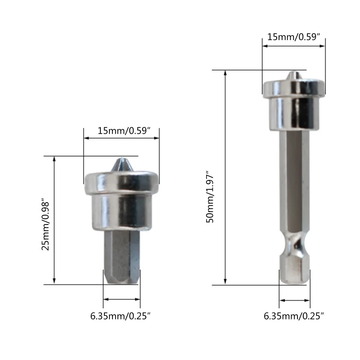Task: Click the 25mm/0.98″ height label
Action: (x=45, y=226)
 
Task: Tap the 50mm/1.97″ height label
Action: (x=210, y=197)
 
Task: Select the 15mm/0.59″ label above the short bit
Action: (x=124, y=130)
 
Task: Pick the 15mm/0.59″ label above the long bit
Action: (x=294, y=37)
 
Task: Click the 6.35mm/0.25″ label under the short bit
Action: (x=120, y=316)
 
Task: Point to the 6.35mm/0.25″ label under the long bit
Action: (x=294, y=316)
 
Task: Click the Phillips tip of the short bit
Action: (x=122, y=164)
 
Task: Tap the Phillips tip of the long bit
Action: (x=294, y=76)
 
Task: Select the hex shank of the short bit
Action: (x=121, y=256)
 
